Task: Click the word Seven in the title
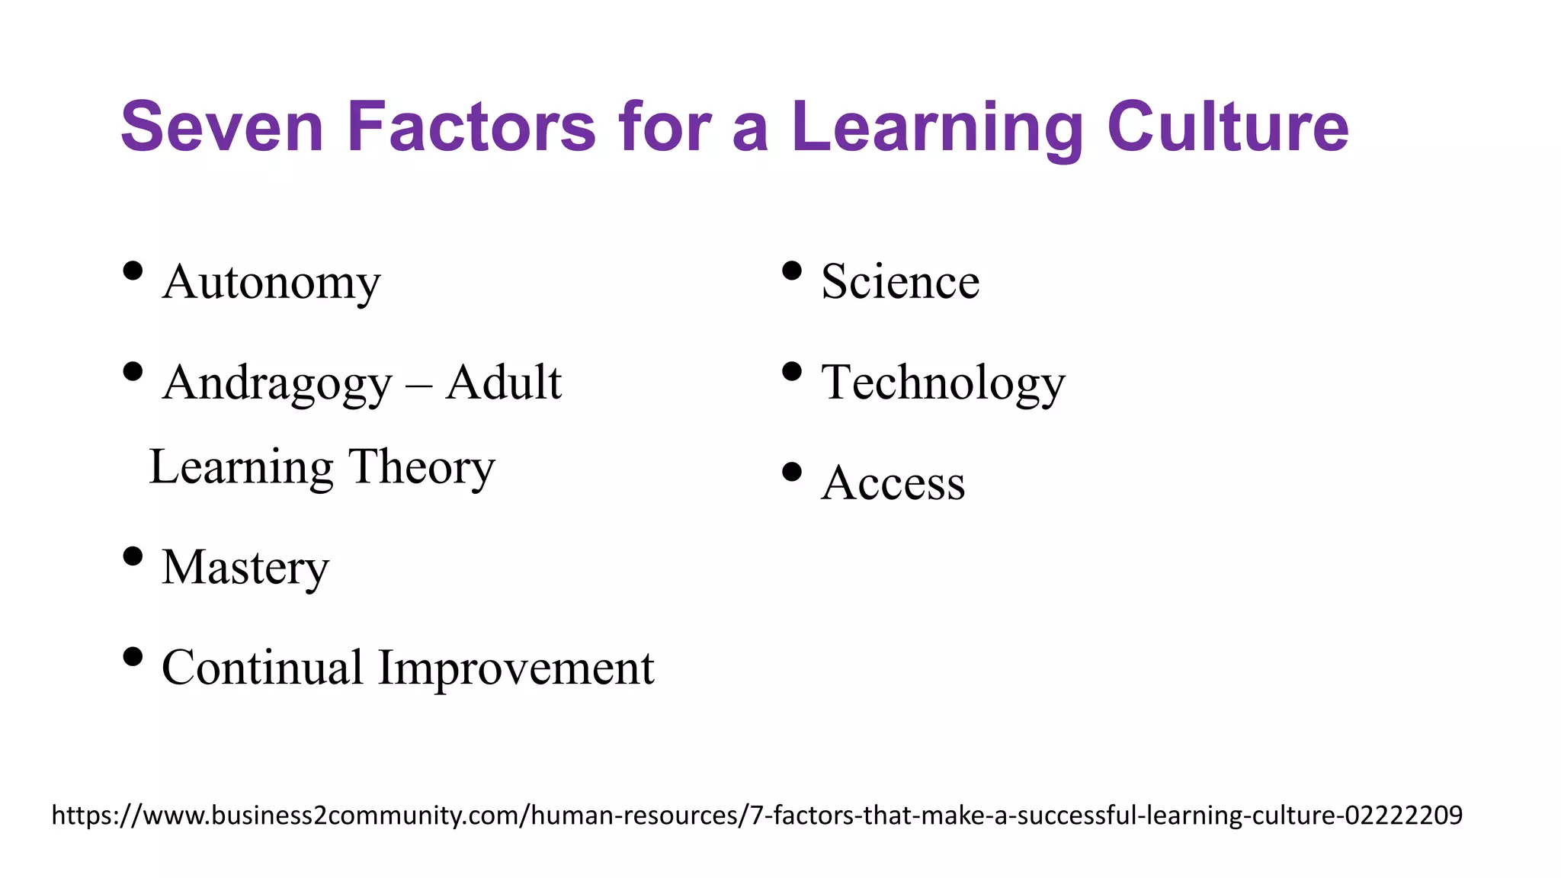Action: pos(222,127)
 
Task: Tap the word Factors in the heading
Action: pos(471,127)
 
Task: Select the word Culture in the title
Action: pos(1227,127)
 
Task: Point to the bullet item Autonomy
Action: pos(271,283)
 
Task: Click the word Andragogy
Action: pos(277,383)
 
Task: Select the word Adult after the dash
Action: pos(504,382)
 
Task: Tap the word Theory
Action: pos(422,467)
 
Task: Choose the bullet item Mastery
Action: pos(245,569)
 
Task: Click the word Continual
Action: pos(262,668)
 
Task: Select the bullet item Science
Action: pos(900,282)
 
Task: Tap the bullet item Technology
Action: pos(943,383)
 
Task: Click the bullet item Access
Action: pos(893,483)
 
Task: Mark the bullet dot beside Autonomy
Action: pos(133,271)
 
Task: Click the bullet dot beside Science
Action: pos(792,271)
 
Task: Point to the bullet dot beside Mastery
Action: pos(133,556)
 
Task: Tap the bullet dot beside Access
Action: pos(792,472)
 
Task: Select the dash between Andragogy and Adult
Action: pos(418,386)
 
